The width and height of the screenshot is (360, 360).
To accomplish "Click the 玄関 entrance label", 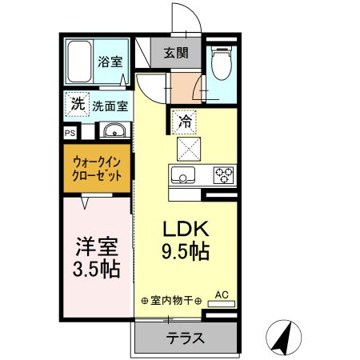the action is [x=176, y=53].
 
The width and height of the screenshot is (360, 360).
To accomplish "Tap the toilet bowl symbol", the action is [x=221, y=63].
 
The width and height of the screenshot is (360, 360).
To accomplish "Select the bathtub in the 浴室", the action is [x=79, y=62].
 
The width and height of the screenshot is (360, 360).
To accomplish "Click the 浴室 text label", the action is [x=110, y=62].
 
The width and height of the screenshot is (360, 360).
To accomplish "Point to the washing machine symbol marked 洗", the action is [x=78, y=104].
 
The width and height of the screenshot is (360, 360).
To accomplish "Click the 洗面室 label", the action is [x=110, y=106].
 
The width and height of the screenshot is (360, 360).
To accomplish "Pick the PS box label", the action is [x=70, y=133].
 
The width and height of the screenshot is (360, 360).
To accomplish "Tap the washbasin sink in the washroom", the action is [x=114, y=130].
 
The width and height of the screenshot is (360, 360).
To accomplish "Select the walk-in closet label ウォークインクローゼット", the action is [x=97, y=169].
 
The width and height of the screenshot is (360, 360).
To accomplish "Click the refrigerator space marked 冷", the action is [x=184, y=122].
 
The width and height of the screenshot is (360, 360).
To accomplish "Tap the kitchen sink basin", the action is [x=183, y=175].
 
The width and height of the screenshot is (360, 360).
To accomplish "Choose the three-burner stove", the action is [x=223, y=175].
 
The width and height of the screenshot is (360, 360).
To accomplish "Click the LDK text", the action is [x=186, y=229].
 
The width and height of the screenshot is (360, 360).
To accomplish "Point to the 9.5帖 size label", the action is [x=186, y=251].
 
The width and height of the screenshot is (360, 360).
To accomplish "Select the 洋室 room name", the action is [x=97, y=246].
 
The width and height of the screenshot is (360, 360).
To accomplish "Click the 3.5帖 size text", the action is [x=97, y=269].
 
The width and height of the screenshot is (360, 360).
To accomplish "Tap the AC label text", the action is [x=222, y=294].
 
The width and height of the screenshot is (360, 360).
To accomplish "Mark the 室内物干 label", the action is [x=172, y=301].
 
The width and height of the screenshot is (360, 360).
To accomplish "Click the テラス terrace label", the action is [x=186, y=338].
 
